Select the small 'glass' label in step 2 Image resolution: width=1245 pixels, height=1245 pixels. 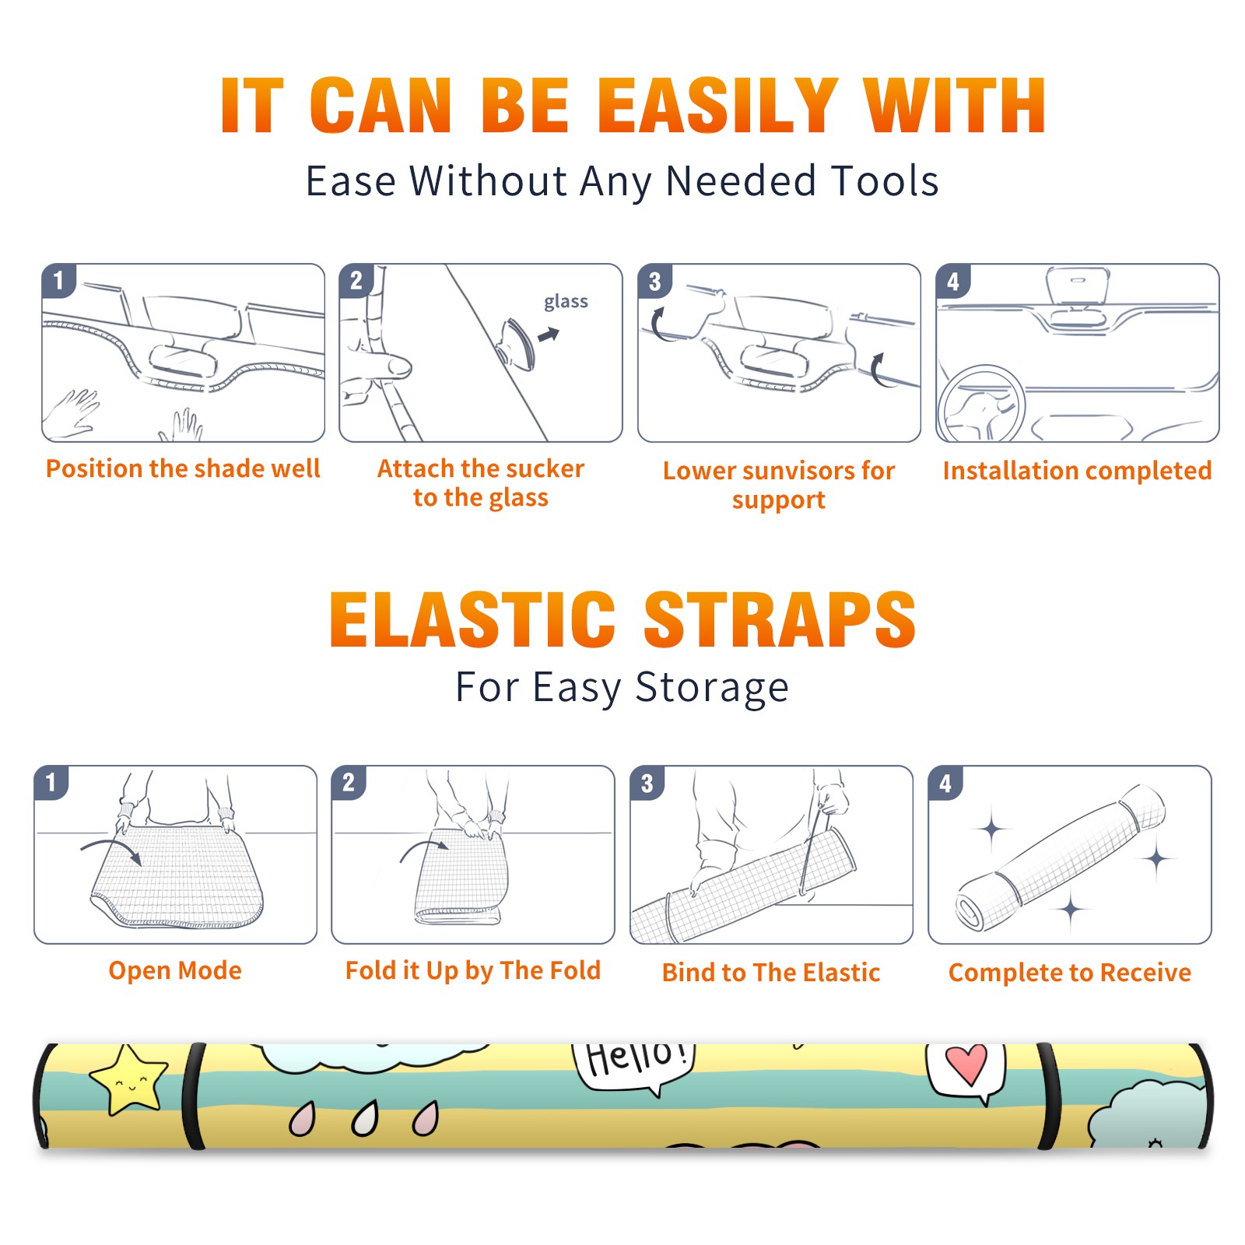pos(566,302)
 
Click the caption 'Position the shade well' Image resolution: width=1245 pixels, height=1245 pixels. pos(183,468)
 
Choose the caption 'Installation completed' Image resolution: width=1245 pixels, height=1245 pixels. pos(1077,470)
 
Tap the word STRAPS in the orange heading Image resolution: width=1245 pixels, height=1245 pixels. pos(780,619)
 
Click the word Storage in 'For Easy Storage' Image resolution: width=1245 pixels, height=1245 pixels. pos(712,688)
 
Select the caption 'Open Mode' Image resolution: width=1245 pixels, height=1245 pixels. pos(175,970)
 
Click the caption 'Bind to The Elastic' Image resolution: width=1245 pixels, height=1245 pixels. pos(771,972)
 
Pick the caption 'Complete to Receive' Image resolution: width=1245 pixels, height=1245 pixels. pos(1070,973)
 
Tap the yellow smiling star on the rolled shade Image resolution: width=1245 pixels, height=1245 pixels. pos(129,1079)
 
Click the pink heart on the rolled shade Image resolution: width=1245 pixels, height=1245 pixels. pos(966,1064)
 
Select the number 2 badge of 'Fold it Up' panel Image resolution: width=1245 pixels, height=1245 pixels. pos(349,782)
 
